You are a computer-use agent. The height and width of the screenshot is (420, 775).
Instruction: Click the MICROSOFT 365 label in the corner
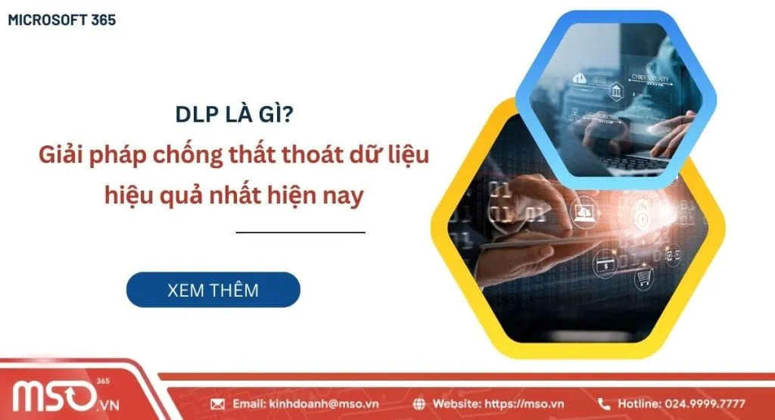coord(62,20)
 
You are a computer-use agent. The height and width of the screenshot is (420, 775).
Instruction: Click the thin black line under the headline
coord(300,232)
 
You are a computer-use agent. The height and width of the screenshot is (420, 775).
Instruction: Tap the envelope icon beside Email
coord(218,404)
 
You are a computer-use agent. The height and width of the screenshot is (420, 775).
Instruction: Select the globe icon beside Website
coord(421,404)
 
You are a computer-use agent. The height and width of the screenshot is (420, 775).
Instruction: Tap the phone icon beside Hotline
coord(604,404)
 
